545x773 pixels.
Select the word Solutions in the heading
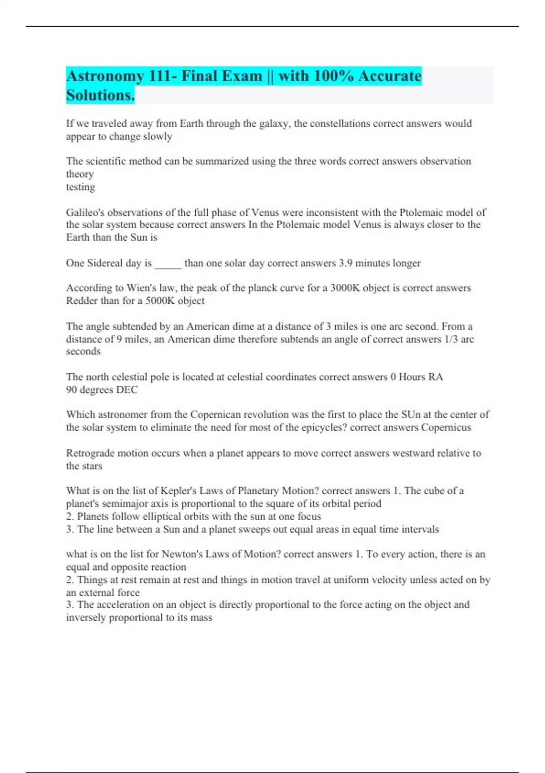[100, 95]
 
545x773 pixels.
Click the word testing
[80, 187]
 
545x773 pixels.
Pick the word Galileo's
[85, 212]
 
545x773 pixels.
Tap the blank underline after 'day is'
[168, 264]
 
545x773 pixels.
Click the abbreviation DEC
[127, 390]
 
